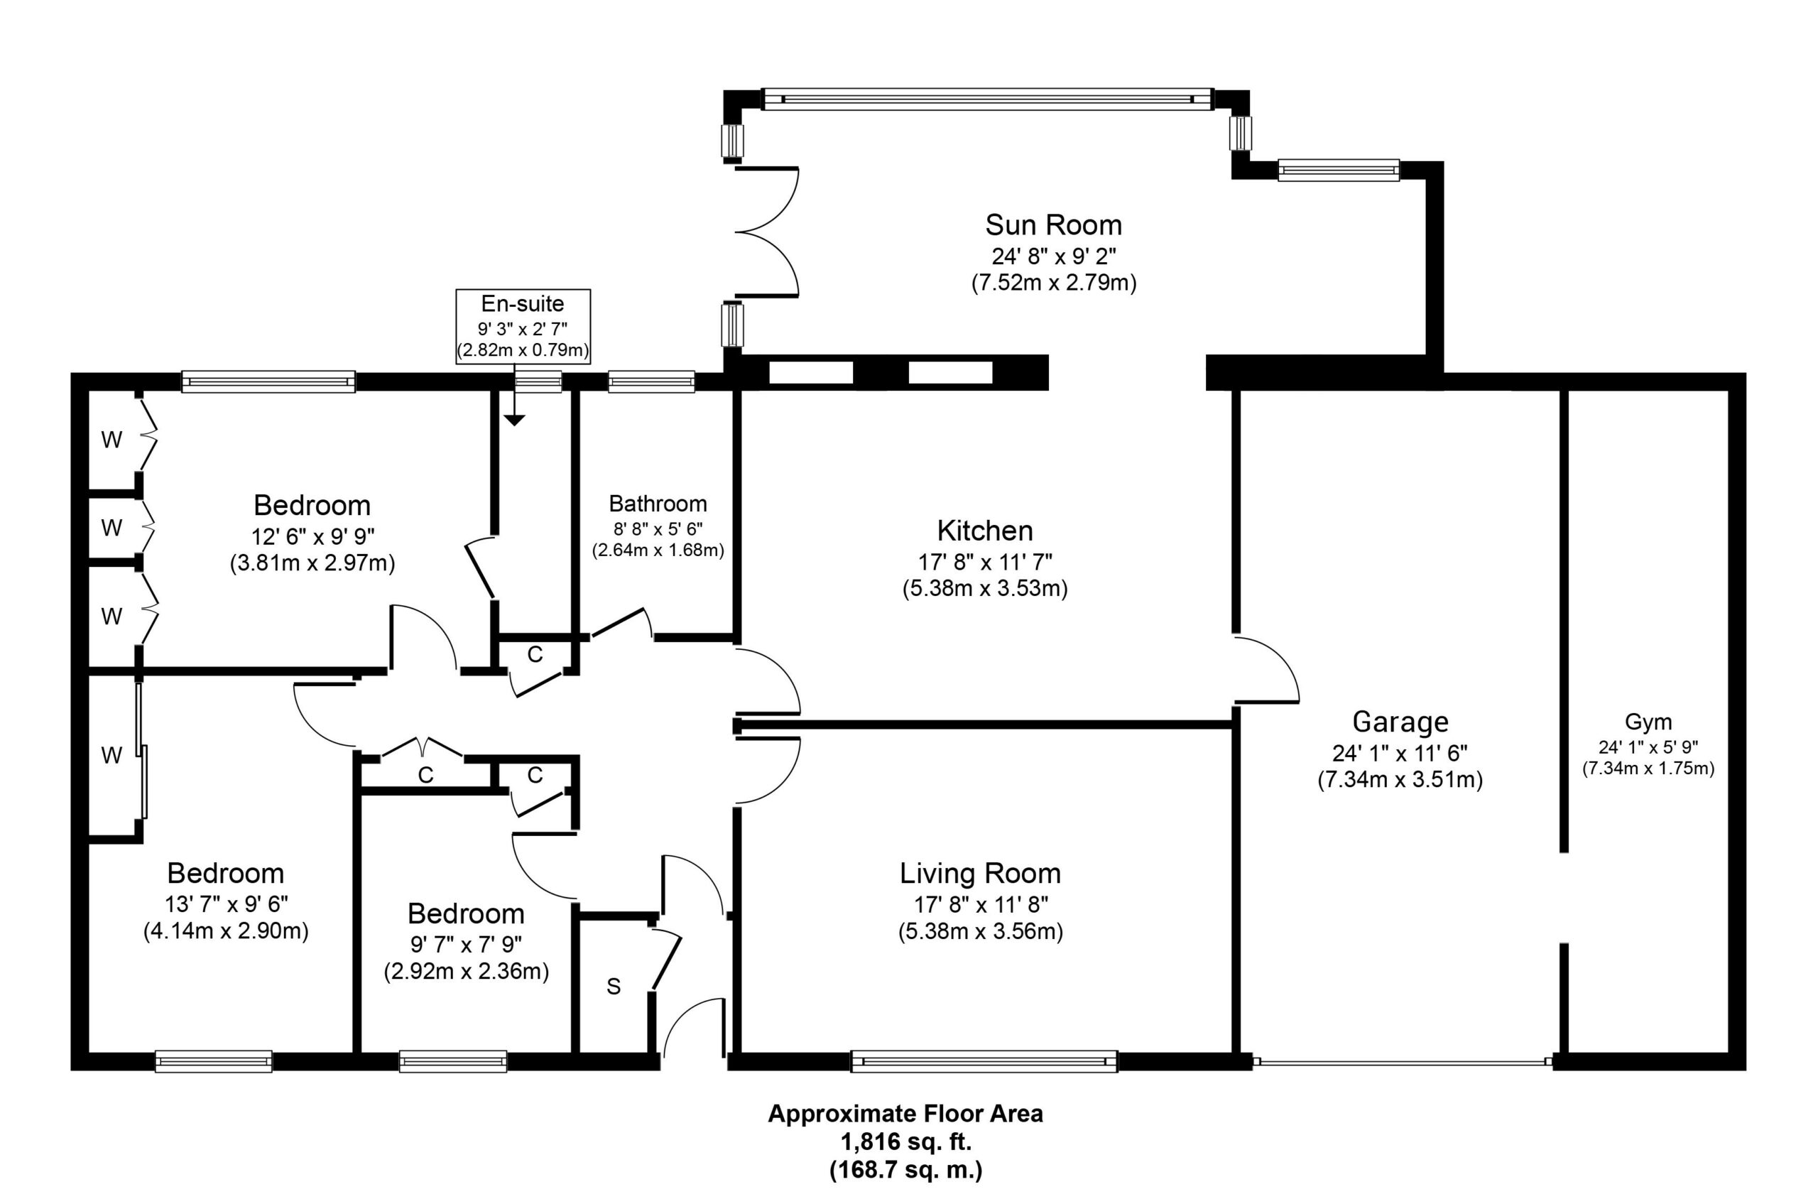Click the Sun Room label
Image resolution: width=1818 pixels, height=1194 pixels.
point(1053,224)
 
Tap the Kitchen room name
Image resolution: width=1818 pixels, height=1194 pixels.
point(984,530)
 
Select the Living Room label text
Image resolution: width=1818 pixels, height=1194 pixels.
point(980,873)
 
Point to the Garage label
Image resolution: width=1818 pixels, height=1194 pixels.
point(1400,721)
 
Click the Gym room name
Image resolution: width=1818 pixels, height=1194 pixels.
point(1648,721)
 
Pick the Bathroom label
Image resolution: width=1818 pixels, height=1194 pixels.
point(658,504)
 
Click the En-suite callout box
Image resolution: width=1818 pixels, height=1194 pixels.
point(523,325)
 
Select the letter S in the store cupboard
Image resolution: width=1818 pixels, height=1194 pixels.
point(614,987)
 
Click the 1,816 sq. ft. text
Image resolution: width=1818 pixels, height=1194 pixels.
point(906,1142)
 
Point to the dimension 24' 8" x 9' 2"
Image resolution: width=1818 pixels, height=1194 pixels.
point(1053,255)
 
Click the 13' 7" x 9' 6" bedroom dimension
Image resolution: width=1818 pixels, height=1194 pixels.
point(226,904)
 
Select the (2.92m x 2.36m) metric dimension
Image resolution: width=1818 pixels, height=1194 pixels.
point(466,972)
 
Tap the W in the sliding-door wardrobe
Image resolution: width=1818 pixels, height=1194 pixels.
point(111,756)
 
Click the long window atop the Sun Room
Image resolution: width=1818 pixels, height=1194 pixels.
point(988,99)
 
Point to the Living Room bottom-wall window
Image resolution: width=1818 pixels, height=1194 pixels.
point(984,1061)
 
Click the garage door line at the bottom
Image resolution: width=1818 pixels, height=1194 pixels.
point(1402,1062)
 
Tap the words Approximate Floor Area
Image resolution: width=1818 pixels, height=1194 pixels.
point(905,1114)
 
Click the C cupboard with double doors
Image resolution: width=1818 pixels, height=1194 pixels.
point(425,776)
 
